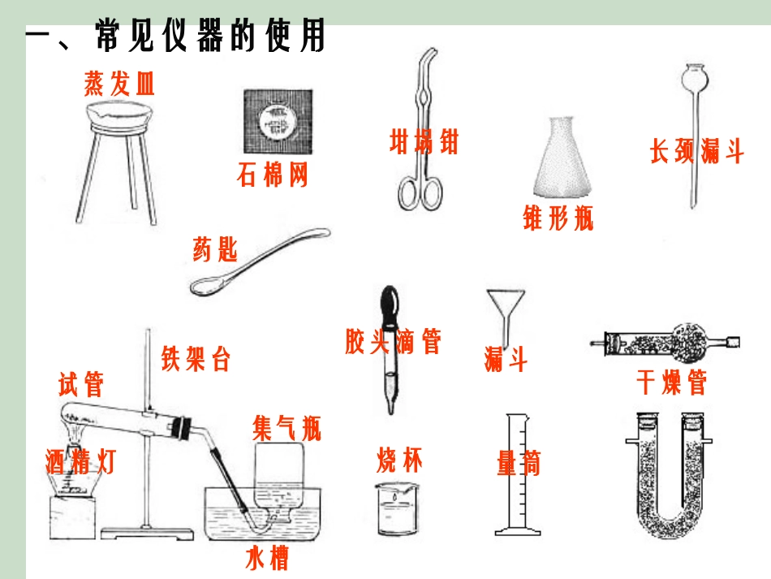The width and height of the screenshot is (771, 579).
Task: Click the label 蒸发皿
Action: [x=119, y=83]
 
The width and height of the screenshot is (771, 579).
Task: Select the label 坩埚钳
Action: [x=424, y=141]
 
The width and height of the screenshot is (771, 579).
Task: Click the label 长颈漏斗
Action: [x=696, y=152]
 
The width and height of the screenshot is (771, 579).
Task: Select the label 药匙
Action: [x=215, y=248]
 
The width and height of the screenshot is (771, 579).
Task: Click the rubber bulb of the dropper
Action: [x=389, y=303]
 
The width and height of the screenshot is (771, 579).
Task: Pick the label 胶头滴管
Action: [x=393, y=341]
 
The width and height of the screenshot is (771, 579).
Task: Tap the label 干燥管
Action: [x=671, y=382]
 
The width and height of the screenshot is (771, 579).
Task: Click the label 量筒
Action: [x=518, y=464]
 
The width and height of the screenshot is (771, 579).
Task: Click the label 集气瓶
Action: [x=286, y=428]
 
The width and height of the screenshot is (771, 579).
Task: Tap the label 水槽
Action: [x=267, y=559]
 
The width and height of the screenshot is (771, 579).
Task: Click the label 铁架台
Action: [x=196, y=358]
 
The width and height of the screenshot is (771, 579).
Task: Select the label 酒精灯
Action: [x=80, y=462]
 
